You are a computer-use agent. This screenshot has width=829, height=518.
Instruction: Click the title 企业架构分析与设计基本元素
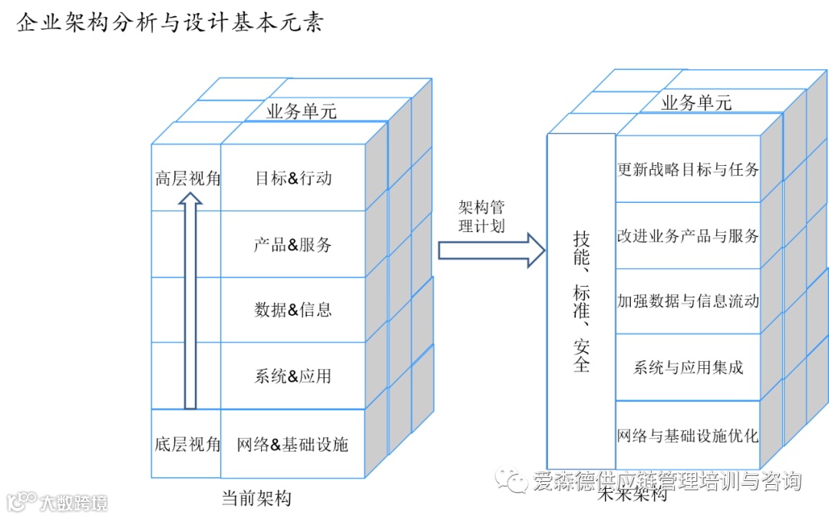coord(170,23)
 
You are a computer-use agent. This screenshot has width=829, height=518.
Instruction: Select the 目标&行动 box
coord(293,178)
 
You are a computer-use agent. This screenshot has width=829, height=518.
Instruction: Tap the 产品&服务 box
coord(293,245)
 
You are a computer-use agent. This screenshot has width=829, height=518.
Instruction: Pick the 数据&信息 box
coord(293,310)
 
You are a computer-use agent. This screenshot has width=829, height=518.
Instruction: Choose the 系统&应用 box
coord(293,377)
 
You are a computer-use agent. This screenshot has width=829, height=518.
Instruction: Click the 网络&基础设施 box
coord(292,444)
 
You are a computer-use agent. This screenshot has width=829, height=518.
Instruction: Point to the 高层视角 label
coord(187,178)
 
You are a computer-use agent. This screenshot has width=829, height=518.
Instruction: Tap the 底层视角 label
coord(187,444)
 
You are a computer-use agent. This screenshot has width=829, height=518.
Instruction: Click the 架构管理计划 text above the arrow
coord(481,217)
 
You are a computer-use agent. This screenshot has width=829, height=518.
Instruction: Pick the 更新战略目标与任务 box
coord(688,169)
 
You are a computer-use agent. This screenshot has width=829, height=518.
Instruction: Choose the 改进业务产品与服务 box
coord(688,235)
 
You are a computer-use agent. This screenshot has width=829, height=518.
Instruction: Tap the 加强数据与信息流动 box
coord(688,301)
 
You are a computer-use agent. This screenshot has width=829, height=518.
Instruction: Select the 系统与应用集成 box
coord(688,367)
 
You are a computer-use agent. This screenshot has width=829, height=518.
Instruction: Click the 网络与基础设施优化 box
coord(688,436)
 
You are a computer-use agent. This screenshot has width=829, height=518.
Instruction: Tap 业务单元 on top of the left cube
coord(302,111)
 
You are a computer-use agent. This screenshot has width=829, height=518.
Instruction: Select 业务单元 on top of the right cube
coord(696,102)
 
